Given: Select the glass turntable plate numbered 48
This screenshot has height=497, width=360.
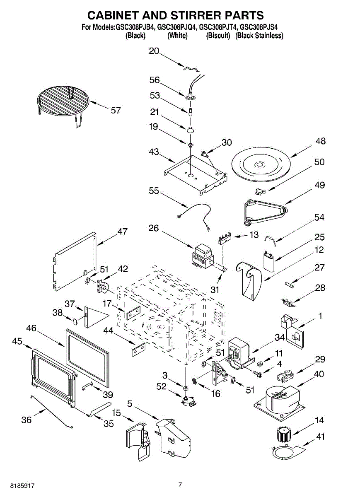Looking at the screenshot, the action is (261, 165).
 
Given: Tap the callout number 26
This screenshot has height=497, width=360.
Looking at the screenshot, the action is (154, 228).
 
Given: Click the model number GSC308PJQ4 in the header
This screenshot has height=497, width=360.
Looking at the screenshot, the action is (177, 27).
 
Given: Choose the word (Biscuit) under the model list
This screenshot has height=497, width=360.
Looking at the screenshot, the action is (218, 36).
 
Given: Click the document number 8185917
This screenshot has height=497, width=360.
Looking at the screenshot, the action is (22, 486).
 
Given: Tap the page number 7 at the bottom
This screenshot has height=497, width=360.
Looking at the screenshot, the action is (180, 484).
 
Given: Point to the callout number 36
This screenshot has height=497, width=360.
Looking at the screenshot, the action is (27, 420).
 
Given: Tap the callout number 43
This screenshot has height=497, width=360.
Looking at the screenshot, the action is (154, 152).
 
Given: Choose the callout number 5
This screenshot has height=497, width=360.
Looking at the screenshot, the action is (130, 403).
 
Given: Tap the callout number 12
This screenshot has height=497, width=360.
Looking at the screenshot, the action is (319, 250).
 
